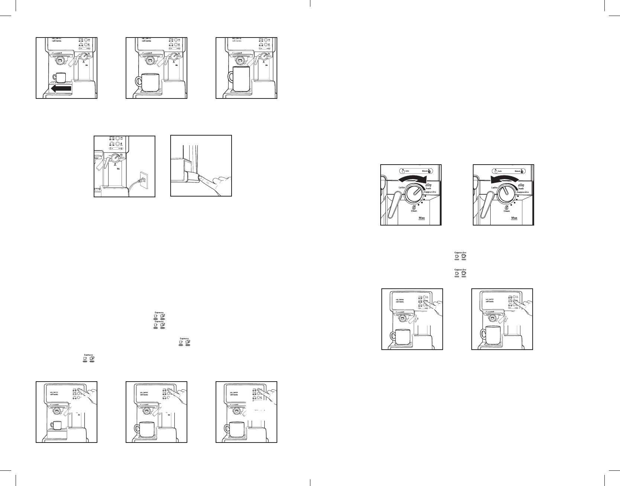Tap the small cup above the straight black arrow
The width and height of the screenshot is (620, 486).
59,78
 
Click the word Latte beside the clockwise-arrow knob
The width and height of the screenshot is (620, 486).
401,187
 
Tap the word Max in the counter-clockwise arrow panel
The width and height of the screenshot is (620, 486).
514,218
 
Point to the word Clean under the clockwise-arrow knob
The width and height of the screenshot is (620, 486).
414,211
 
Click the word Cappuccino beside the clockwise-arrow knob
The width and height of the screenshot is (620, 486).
431,192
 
